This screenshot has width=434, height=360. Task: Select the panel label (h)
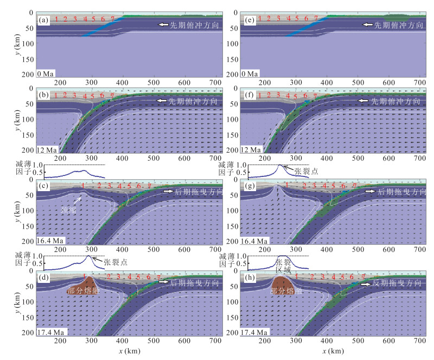coord(248,280)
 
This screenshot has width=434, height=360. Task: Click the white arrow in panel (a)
coord(163,24)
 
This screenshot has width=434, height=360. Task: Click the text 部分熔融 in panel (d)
coord(82,290)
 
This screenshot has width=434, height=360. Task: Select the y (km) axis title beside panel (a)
coord(19,45)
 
